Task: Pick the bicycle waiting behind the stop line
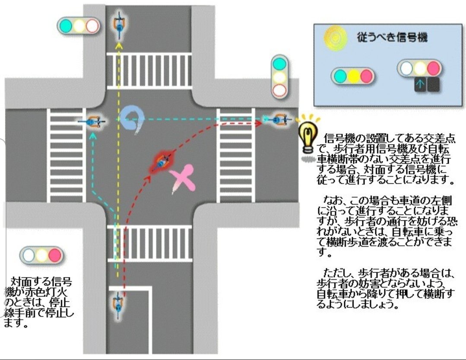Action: tap(117, 303)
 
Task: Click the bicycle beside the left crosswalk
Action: tap(92, 122)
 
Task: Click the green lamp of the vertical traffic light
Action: tap(279, 64)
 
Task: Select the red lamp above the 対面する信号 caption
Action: tap(55, 255)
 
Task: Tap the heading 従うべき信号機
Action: tap(392, 37)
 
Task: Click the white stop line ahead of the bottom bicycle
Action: tap(129, 287)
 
